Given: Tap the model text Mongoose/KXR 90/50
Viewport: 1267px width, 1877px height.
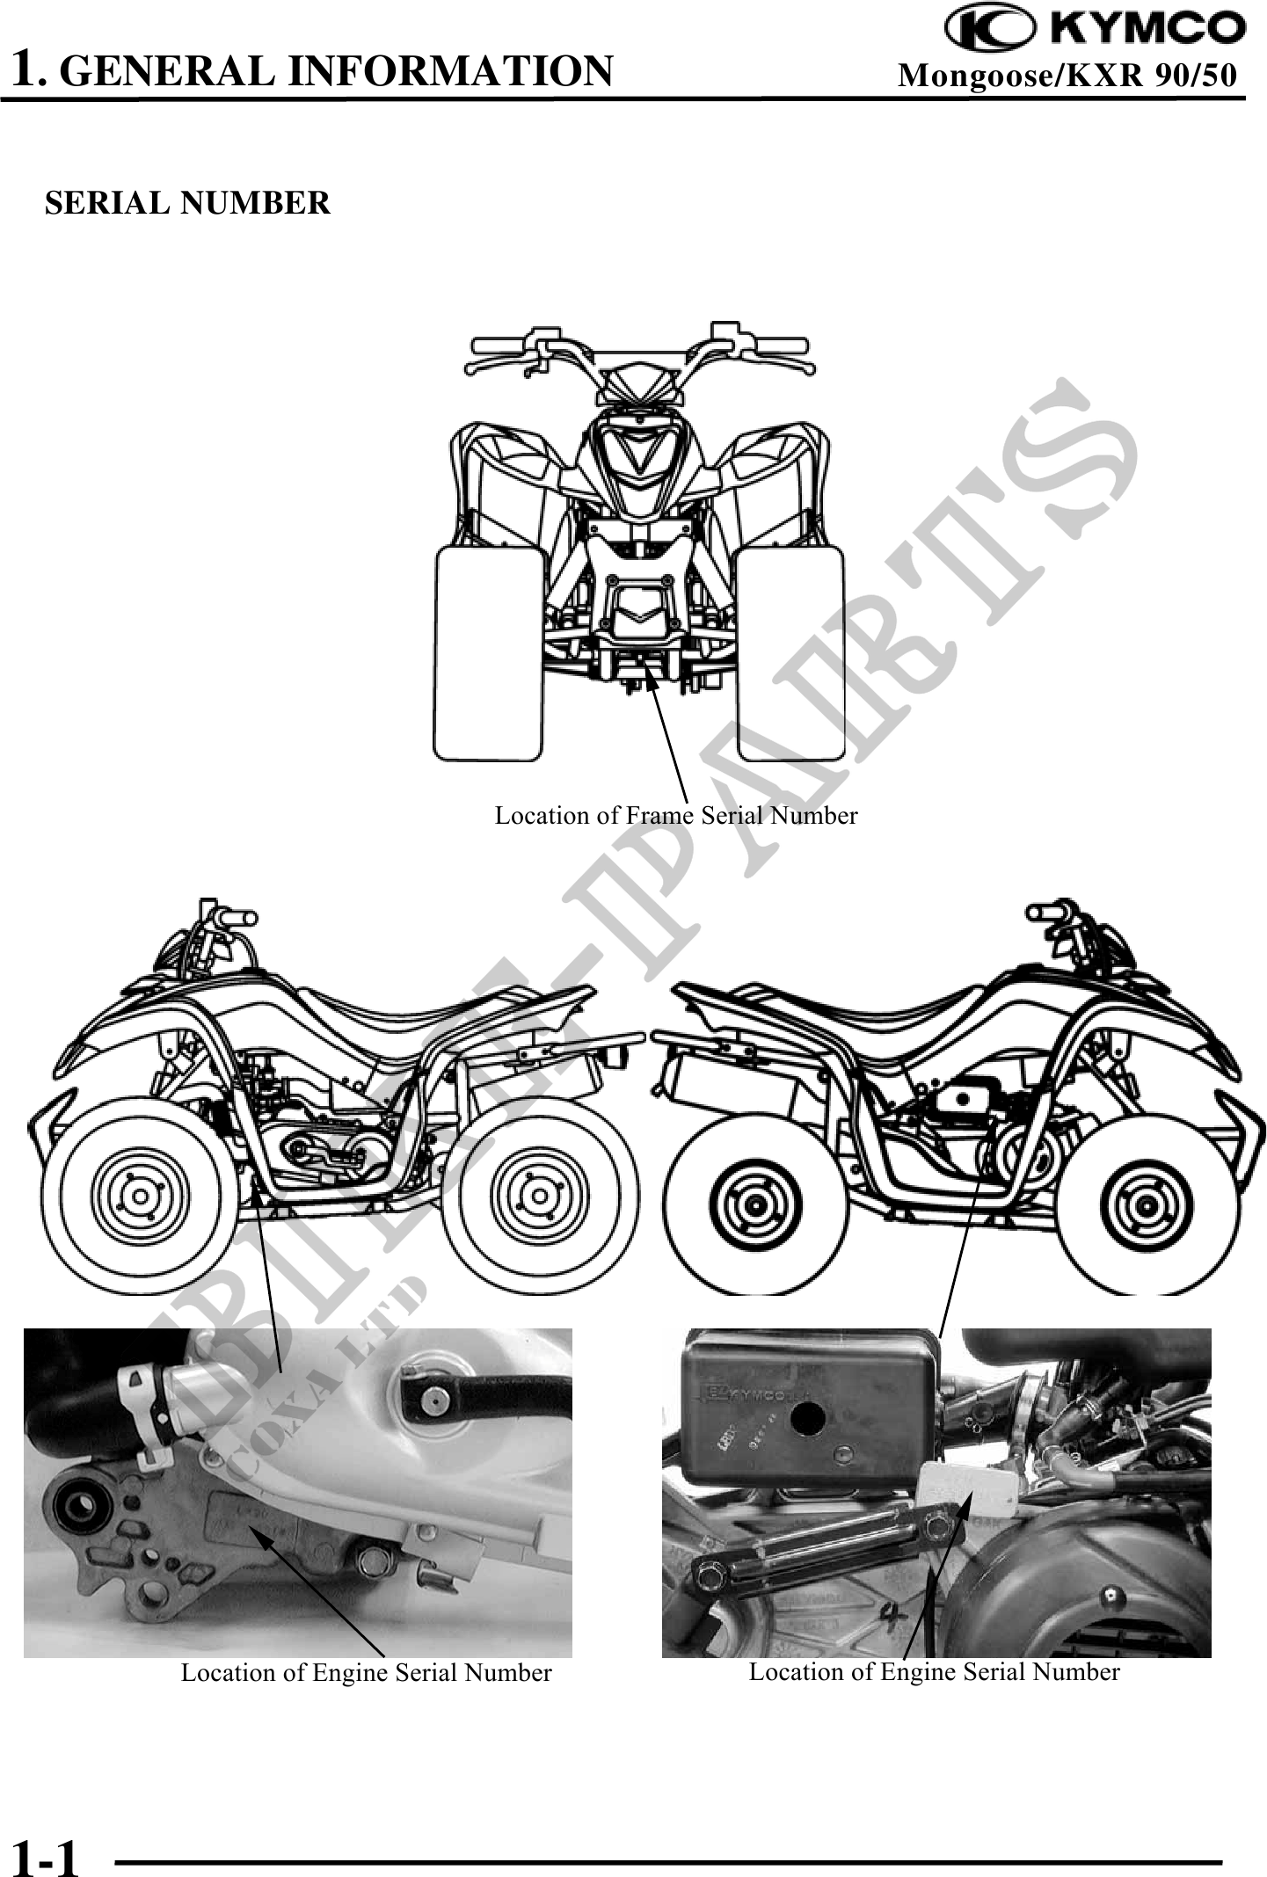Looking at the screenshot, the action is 1067,76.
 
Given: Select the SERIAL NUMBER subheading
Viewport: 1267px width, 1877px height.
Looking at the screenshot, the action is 187,203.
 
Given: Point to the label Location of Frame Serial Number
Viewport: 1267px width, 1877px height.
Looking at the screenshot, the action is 675,815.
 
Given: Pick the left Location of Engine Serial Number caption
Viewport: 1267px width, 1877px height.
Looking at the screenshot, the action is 366,1672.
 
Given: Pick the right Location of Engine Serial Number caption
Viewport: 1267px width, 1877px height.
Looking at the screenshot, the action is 934,1671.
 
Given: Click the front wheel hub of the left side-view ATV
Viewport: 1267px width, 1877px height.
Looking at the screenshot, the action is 136,1197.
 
